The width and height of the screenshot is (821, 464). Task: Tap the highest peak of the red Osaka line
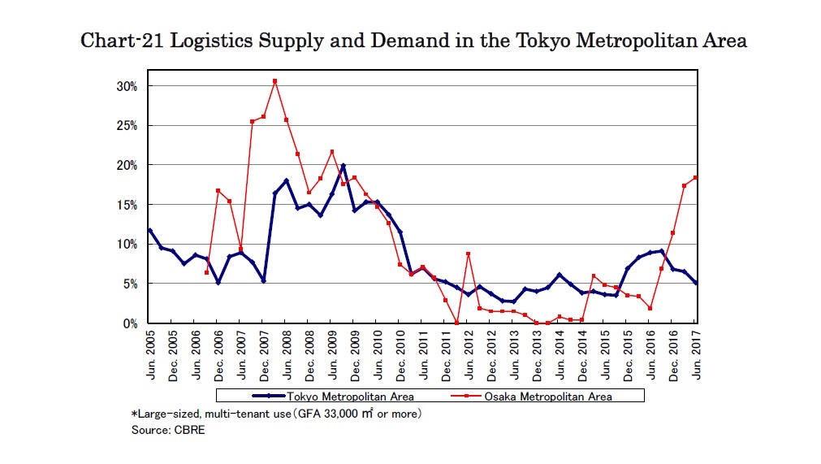(275, 81)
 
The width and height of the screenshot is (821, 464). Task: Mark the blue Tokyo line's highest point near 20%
(344, 166)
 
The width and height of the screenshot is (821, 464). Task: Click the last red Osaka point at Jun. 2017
(696, 177)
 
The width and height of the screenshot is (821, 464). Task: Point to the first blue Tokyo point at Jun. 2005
(150, 230)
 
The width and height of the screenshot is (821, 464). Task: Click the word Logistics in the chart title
(186, 41)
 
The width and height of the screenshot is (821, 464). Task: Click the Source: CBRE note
(168, 430)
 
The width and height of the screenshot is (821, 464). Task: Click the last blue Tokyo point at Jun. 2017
(696, 283)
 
